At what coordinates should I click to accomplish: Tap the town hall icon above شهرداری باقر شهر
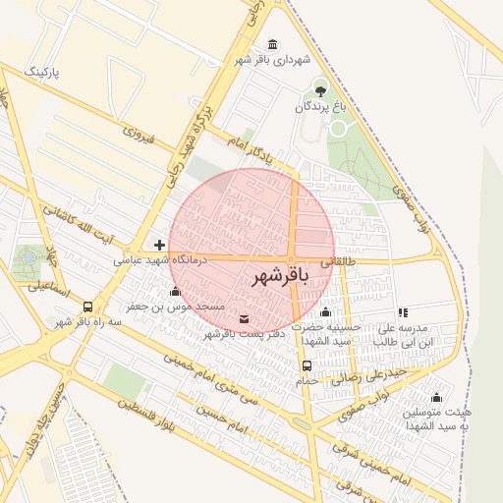click(272, 45)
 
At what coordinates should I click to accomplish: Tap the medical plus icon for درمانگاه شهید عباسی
click(159, 244)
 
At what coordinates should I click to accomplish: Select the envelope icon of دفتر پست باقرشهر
click(244, 317)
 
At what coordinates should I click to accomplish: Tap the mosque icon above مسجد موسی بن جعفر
click(175, 291)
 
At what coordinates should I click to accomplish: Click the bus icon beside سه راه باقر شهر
click(88, 306)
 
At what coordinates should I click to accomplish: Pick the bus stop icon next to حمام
click(307, 366)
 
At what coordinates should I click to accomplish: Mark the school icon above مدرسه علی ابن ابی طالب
click(402, 312)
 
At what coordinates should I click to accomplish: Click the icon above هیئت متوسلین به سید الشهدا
click(435, 396)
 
